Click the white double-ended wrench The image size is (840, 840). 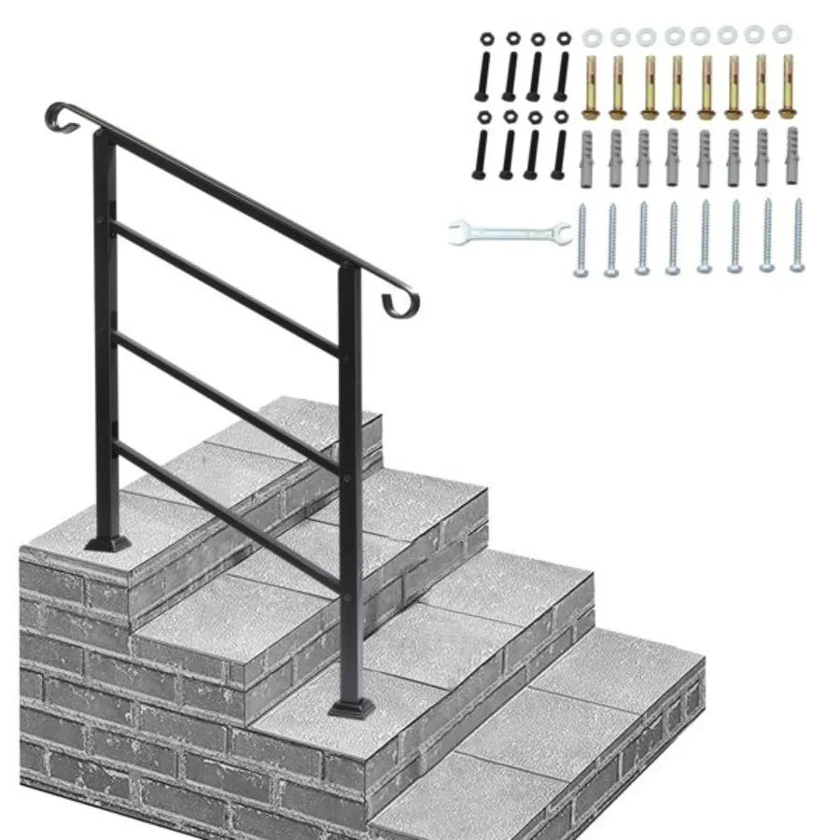pos(510,232)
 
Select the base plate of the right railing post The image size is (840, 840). pos(350,709)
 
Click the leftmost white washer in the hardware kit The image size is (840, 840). pos(591,38)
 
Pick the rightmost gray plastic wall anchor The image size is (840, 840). pos(792,149)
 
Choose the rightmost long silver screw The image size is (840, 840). pos(796,236)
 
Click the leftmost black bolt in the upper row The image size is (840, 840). pos(487,65)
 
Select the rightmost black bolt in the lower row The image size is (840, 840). pos(562,144)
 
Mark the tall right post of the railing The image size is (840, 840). pos(349,485)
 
